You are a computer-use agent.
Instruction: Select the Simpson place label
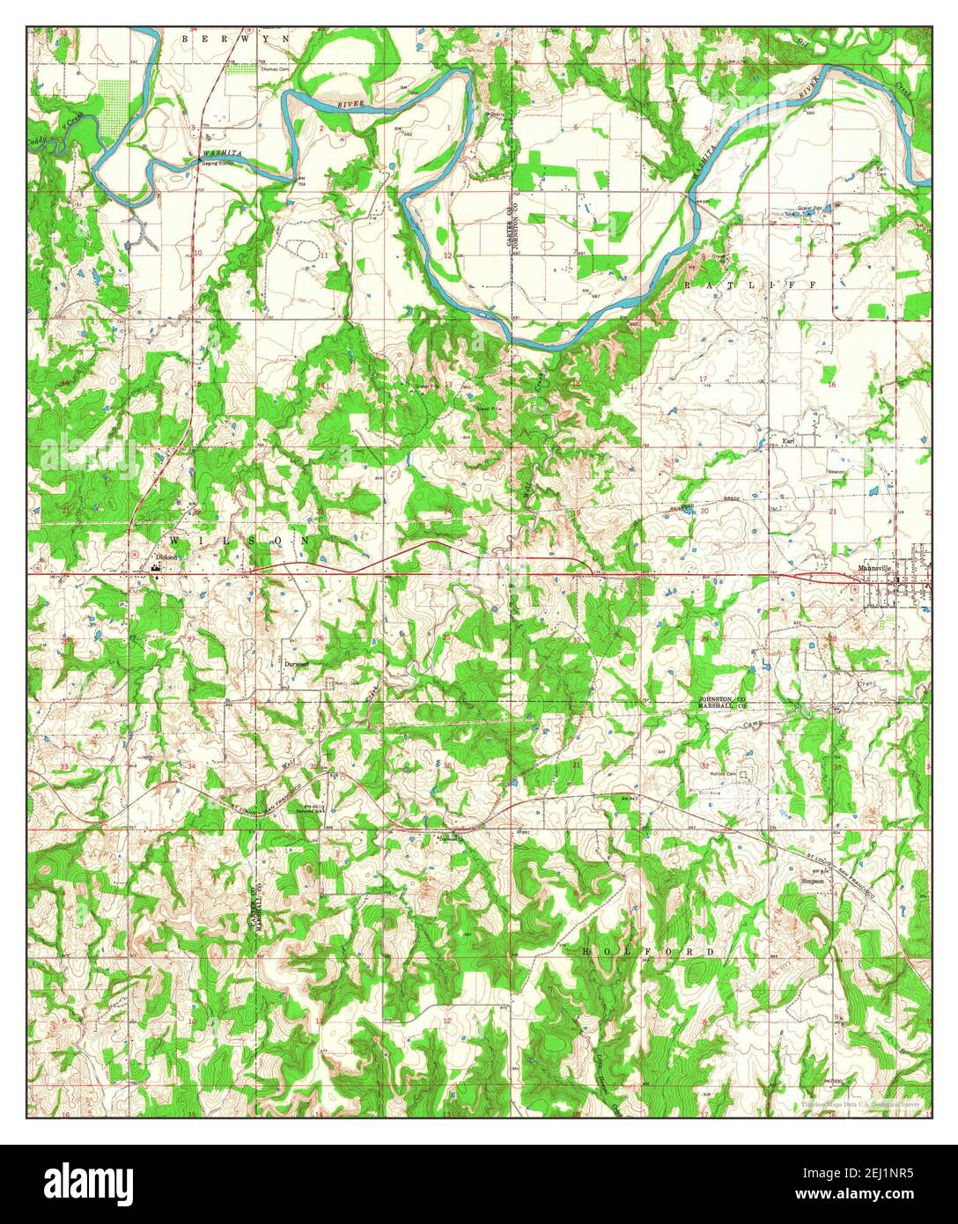click(x=812, y=880)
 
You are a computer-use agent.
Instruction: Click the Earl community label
click(x=789, y=439)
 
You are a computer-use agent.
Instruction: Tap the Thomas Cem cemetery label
click(x=273, y=68)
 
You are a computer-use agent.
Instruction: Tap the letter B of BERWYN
click(x=185, y=39)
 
